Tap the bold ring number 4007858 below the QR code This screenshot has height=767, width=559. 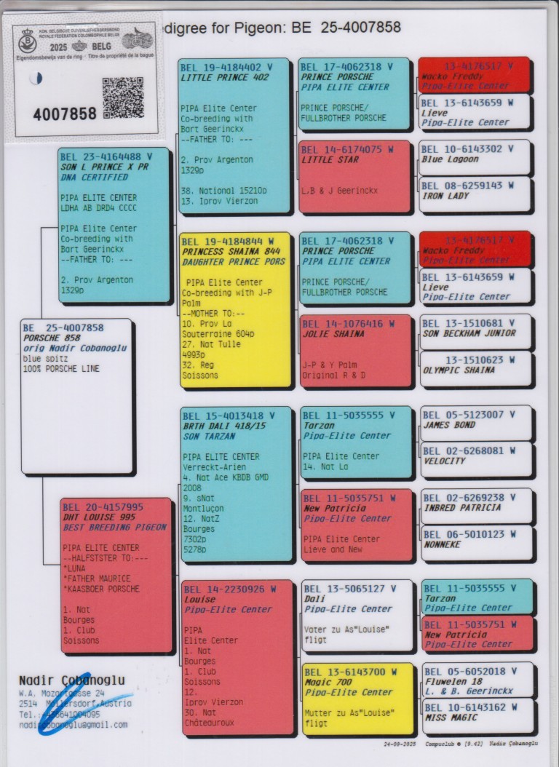[x=65, y=114]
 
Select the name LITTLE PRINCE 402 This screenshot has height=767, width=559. [x=225, y=77]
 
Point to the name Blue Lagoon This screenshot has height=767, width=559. [x=450, y=159]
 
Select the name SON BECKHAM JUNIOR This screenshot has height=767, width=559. [x=469, y=333]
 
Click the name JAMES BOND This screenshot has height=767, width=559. [x=450, y=425]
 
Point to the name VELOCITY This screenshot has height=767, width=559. [x=445, y=461]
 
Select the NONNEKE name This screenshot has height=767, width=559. [x=443, y=544]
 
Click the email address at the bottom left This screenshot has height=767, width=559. [x=73, y=725]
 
